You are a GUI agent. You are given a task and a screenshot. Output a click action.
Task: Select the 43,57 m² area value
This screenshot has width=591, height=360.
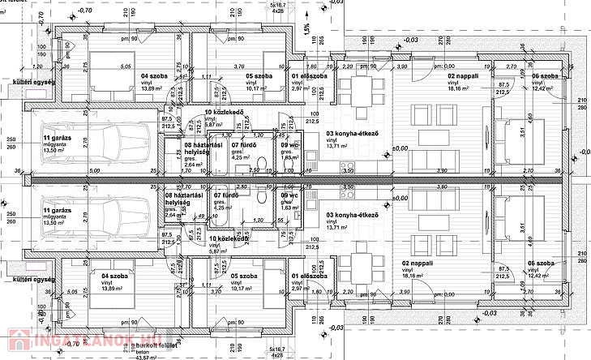tap(143, 358)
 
